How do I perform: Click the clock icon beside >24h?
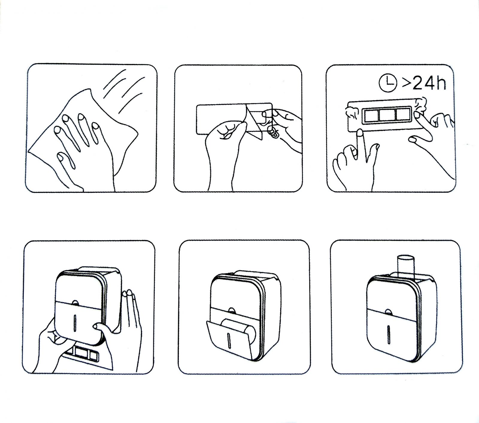388,83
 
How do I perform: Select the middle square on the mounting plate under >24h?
387,115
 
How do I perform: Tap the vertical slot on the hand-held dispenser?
75,325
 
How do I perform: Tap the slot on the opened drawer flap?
229,341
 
